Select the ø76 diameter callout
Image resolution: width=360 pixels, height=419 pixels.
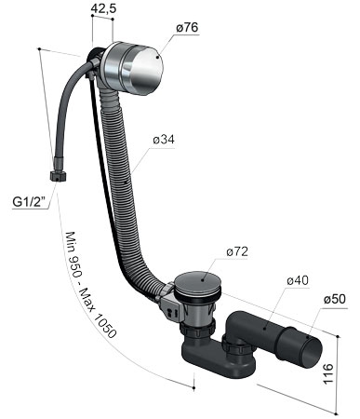point(187,27)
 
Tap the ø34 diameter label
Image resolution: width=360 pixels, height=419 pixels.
point(164,140)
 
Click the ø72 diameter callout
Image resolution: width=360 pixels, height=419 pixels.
point(237,251)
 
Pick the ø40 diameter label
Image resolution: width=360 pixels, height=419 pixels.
point(298,280)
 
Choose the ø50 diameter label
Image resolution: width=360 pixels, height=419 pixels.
point(335,299)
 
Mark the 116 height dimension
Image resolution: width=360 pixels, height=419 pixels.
point(328,373)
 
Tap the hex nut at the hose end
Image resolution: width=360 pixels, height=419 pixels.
point(58,176)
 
